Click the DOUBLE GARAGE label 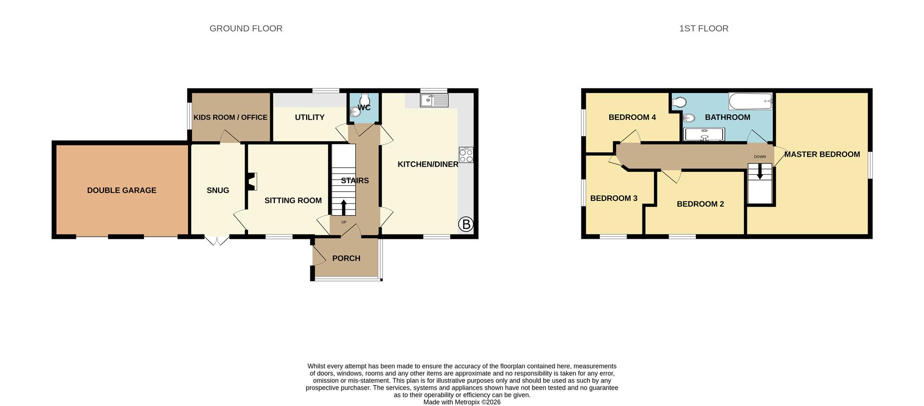121,190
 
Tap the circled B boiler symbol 465,224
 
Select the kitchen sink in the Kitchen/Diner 434,100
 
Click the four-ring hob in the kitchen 466,155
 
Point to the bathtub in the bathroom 750,101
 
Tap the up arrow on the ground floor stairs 344,208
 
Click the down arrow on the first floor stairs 760,172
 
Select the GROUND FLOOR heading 245,28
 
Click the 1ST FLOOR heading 703,28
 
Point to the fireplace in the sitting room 252,182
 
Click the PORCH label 346,258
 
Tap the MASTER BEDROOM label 821,154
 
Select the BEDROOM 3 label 614,198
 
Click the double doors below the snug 217,240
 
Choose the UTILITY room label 309,117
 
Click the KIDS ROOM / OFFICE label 230,117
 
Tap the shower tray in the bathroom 704,134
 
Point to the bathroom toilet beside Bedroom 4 680,102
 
